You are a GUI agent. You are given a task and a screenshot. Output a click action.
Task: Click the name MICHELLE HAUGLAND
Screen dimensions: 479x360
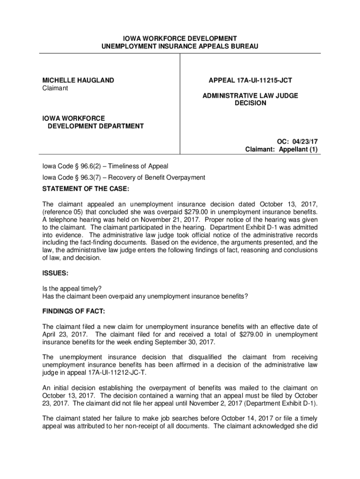coord(78,80)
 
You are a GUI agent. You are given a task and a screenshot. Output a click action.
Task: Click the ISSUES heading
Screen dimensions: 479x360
coord(56,272)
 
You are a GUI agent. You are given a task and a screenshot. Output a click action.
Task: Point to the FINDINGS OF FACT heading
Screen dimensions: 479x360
coord(74,311)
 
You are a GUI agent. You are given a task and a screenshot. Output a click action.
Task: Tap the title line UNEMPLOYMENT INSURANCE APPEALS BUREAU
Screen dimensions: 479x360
coord(180,46)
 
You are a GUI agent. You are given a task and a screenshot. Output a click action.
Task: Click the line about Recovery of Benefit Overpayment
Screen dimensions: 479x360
coord(124,177)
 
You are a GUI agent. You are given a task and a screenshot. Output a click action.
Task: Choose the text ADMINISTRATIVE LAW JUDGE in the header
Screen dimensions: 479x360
coord(250,95)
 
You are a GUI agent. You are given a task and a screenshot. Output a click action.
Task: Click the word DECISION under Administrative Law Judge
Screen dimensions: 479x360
coord(250,103)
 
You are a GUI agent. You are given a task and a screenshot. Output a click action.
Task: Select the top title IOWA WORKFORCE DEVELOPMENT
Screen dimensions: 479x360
coord(180,38)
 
